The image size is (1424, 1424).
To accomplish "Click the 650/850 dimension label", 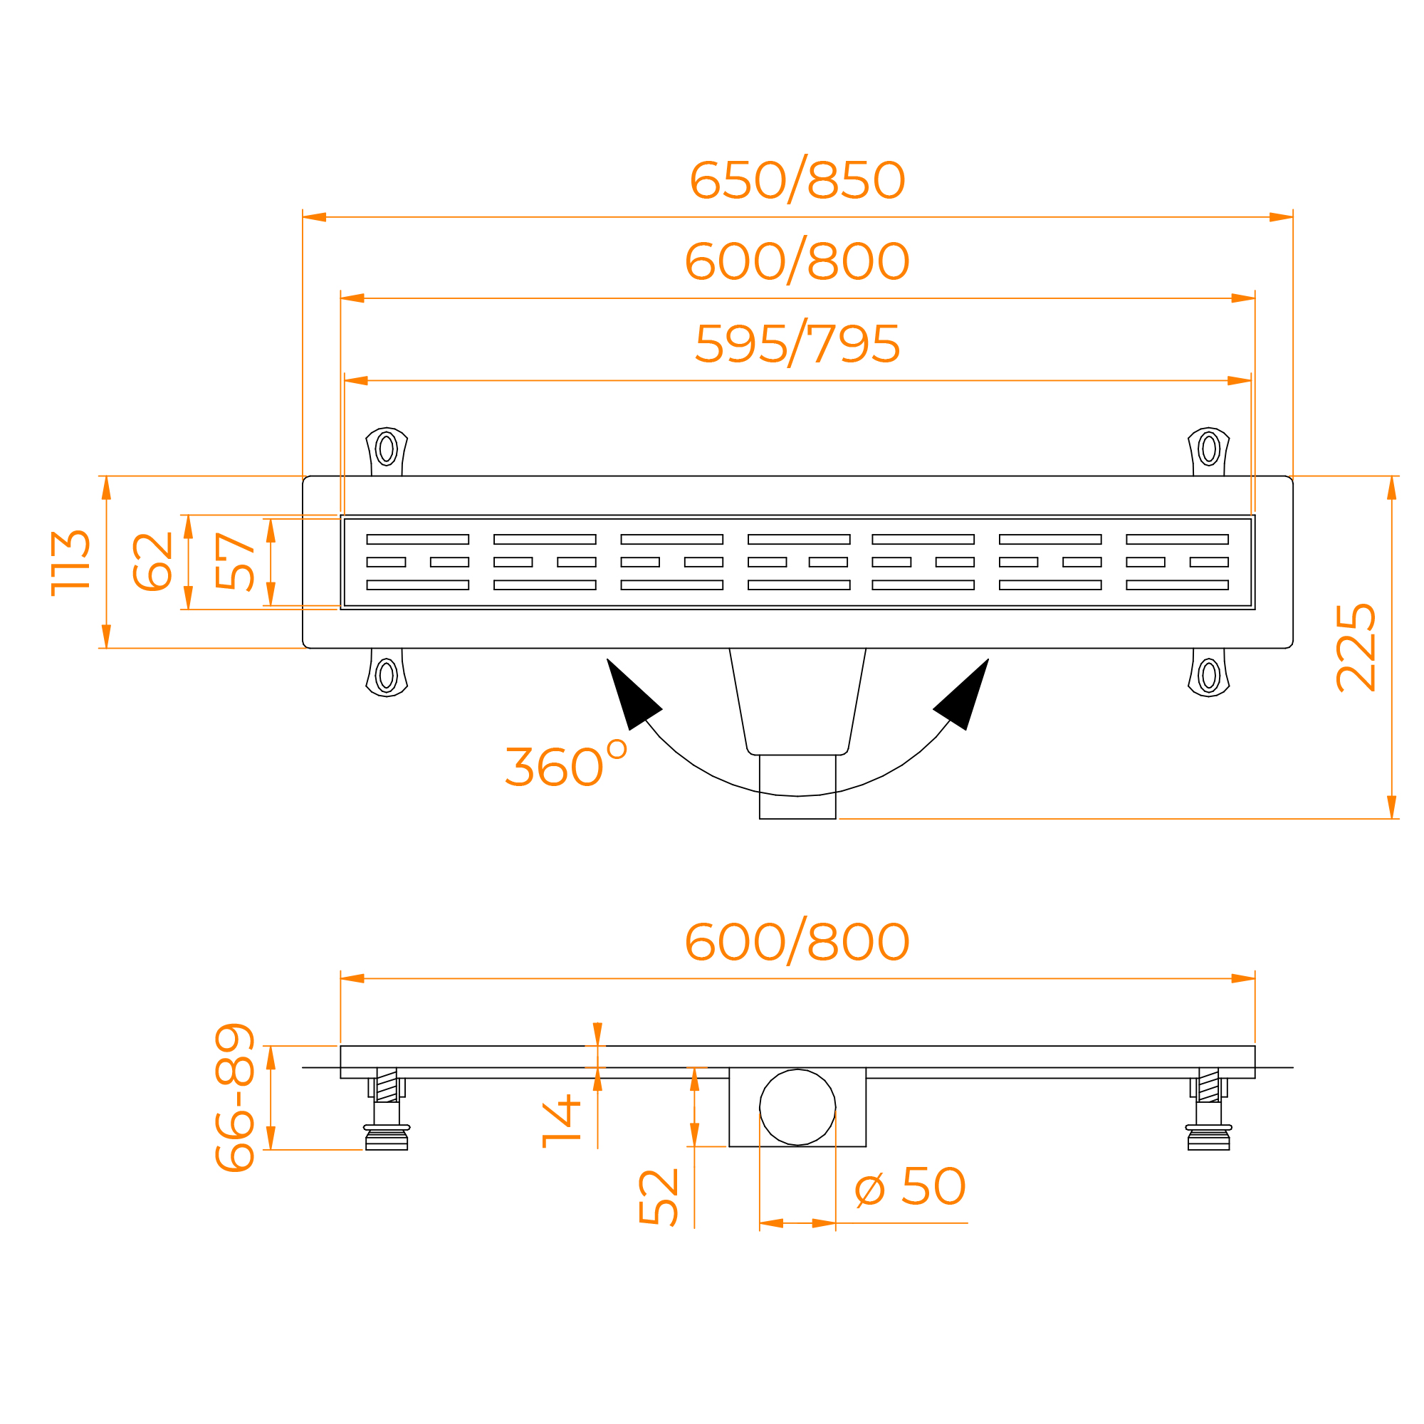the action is click(x=797, y=179).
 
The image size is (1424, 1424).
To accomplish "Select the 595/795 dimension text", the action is click(x=797, y=342).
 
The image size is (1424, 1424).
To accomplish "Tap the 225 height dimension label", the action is click(x=1356, y=648).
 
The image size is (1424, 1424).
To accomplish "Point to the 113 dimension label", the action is click(x=70, y=563).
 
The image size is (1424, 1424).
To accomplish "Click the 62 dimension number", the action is click(x=152, y=562).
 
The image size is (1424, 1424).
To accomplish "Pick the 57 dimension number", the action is click(x=235, y=562).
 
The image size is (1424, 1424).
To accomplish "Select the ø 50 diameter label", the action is click(x=910, y=1186).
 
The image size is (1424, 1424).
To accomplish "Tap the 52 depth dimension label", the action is click(x=658, y=1197).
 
